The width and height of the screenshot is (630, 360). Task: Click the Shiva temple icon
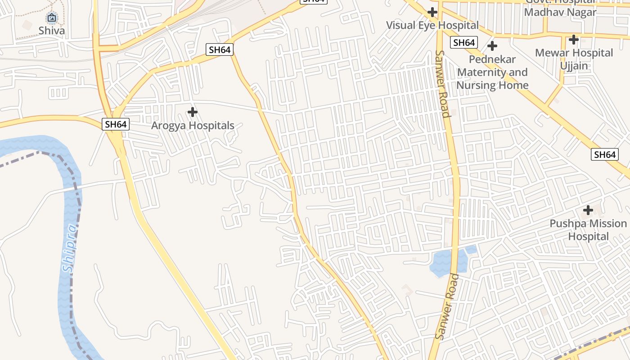[52, 18]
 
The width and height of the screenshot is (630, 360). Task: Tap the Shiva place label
[52, 31]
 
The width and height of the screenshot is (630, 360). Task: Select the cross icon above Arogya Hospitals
[193, 112]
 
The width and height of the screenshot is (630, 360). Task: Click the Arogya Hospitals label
[193, 126]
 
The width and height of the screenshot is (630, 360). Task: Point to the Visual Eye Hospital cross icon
[432, 12]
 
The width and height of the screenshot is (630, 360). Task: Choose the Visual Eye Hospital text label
[432, 25]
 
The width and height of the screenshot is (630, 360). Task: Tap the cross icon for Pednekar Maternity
[492, 46]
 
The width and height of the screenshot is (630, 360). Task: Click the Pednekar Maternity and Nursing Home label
[492, 72]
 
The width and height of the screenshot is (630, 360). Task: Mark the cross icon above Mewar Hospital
[573, 40]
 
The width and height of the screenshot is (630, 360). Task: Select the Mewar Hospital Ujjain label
[574, 59]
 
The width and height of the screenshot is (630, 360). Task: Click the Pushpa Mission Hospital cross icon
[588, 210]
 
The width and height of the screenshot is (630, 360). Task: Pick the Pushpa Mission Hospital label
[588, 230]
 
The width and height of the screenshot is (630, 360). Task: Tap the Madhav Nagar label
[560, 12]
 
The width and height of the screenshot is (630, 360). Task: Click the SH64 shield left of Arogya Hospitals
[116, 124]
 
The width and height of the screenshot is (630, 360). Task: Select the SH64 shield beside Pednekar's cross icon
[464, 43]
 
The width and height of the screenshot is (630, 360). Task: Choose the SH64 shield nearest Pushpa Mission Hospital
[604, 155]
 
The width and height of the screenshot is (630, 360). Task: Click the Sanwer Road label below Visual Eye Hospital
[442, 84]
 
